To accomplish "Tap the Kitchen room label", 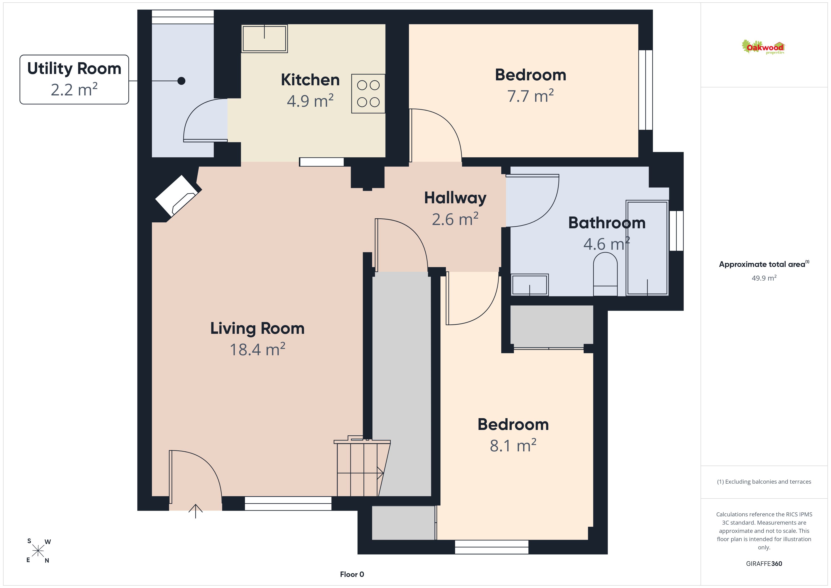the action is [310, 80].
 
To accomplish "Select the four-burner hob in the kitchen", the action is [368, 94].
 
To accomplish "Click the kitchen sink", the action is [265, 39].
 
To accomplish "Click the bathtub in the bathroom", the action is [647, 248].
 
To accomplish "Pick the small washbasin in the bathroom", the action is [530, 285].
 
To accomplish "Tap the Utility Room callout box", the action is [74, 80].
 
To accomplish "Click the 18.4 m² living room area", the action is [257, 349].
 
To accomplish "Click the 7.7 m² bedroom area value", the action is [530, 96].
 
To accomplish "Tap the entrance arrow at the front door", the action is [196, 511].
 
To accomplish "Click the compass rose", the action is [38, 551].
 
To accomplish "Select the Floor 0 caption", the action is [352, 574].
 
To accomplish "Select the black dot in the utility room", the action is [181, 81].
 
